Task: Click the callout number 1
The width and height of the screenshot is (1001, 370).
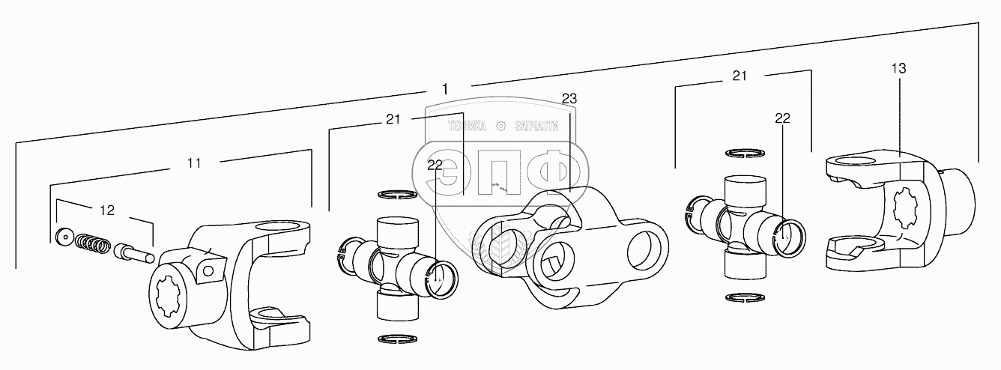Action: coord(444,89)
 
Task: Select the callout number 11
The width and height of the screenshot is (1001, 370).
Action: coord(194,163)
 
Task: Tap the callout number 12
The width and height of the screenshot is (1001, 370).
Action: coord(107,210)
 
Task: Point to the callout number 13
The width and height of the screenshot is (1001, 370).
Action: coord(898,68)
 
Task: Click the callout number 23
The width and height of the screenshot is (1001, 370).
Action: coord(569,98)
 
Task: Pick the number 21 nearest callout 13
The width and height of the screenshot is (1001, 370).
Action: coord(740,76)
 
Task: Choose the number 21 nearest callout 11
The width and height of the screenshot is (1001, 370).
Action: coord(393,119)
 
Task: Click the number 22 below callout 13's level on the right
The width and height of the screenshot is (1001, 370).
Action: coord(782,118)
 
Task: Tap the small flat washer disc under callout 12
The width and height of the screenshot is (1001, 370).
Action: coord(64,237)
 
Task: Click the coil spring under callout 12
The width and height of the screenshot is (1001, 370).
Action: coord(92,243)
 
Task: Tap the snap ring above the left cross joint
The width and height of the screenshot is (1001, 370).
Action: coord(397,195)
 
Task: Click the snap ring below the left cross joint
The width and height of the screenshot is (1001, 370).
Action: coord(397,339)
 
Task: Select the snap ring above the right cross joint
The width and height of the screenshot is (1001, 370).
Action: coord(745,153)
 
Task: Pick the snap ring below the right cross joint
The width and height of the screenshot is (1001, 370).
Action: coord(745,297)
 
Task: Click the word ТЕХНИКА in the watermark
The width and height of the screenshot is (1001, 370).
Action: coord(467,126)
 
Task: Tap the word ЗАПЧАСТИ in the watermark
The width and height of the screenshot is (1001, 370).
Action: coord(536,126)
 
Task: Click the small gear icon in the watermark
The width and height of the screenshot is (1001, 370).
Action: coord(501,126)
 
